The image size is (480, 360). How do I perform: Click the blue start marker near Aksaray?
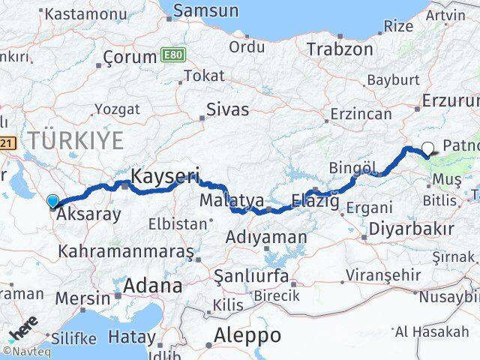[52, 200]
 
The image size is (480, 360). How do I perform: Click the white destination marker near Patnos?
[427, 148]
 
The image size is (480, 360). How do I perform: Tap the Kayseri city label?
[165, 177]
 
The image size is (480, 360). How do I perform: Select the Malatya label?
[232, 200]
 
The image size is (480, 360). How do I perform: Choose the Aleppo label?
[247, 334]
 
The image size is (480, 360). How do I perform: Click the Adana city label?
[153, 286]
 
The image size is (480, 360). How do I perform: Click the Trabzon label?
[340, 49]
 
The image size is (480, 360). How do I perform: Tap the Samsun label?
[205, 11]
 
